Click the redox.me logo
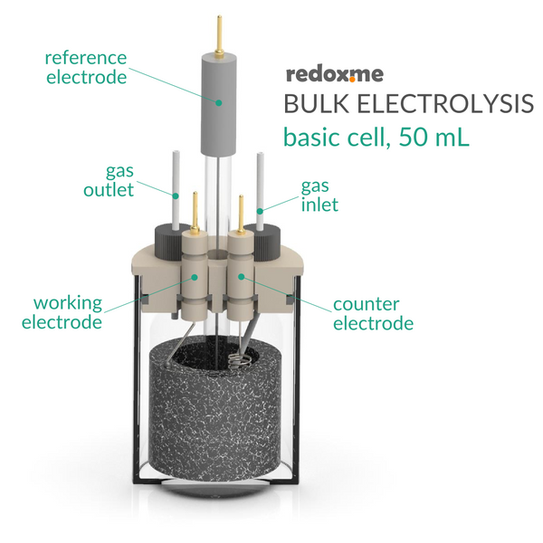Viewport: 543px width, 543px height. [335, 74]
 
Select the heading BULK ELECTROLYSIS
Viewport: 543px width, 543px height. [409, 103]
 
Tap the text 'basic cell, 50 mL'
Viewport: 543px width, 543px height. [376, 138]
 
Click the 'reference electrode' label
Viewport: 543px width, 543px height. [86, 67]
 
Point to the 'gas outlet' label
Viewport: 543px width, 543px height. [109, 181]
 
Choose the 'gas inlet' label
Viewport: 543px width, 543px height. [319, 195]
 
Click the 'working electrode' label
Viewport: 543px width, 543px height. [62, 312]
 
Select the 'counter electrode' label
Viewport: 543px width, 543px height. [373, 314]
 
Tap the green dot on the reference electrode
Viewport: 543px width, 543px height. [218, 102]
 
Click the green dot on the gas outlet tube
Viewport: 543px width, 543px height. [176, 196]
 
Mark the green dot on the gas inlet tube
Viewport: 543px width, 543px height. [260, 211]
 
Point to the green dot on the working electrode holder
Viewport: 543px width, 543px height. [195, 277]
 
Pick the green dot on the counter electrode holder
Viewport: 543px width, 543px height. [242, 276]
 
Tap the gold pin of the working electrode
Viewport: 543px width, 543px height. [195, 211]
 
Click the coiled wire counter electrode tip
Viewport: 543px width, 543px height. [240, 361]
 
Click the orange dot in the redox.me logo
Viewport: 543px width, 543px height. [352, 80]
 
